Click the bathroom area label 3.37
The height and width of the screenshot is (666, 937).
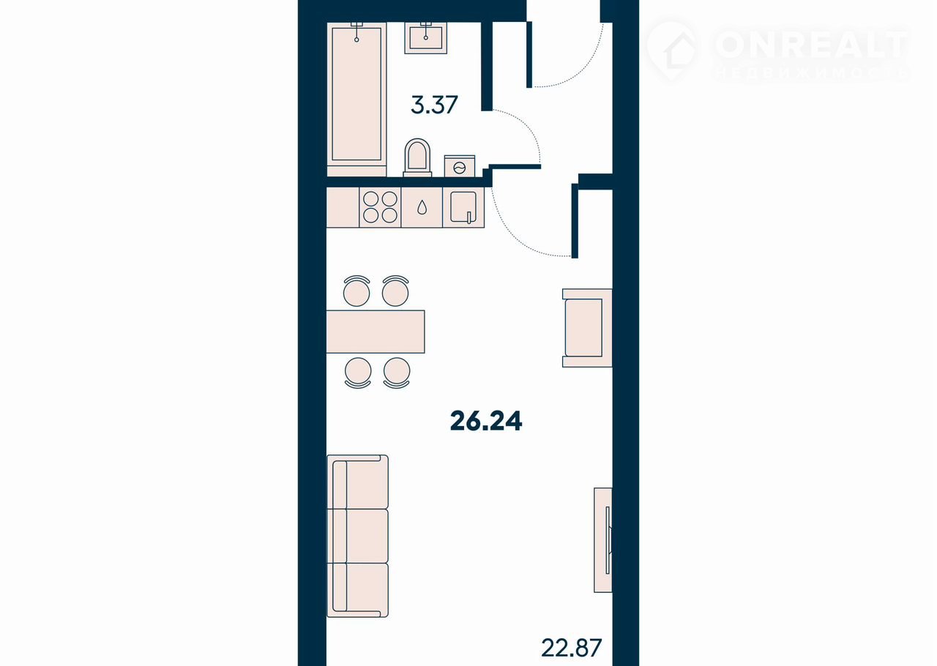point(434,105)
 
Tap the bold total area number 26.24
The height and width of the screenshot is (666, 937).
point(486,421)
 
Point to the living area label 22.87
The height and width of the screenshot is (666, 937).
point(572,648)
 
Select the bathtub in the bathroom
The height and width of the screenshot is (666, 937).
point(356,100)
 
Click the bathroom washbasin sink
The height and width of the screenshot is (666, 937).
point(426,38)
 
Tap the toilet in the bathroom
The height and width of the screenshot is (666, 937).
point(417,157)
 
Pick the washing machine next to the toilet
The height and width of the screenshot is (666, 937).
point(460,166)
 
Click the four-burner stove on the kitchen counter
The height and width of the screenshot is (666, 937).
point(380,207)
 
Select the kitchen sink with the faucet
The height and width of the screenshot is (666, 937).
point(463,207)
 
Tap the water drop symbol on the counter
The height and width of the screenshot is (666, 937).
point(422,207)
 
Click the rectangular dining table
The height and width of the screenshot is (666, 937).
point(376,332)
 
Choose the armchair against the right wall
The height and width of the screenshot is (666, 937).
point(587,328)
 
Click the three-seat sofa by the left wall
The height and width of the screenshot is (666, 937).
point(358,536)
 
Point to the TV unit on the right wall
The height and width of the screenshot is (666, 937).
point(603,539)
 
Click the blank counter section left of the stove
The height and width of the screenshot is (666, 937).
point(343,207)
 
